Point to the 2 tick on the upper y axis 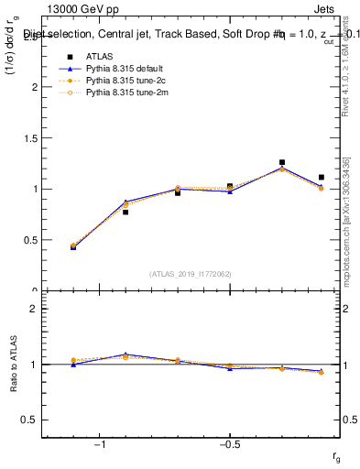(x=36, y=87)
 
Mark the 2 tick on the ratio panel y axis (x=36, y=309)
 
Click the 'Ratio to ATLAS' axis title (x=12, y=365)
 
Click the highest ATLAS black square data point (x=282, y=162)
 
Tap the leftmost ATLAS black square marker (x=73, y=246)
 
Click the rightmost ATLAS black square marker (x=322, y=177)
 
